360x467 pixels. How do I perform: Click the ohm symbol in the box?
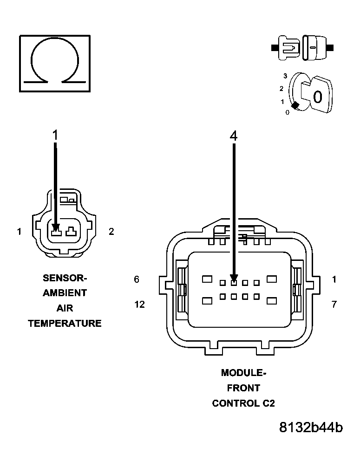point(54,63)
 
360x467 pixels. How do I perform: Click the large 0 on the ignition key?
point(317,97)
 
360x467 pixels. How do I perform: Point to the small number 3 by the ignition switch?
point(286,76)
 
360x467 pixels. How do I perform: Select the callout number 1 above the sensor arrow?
point(55,136)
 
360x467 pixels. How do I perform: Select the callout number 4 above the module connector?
point(234,136)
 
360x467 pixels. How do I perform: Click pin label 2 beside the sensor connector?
point(111,231)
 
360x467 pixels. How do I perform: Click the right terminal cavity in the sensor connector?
point(71,231)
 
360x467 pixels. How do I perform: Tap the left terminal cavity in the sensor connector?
point(56,231)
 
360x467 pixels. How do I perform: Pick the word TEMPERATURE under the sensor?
point(65,324)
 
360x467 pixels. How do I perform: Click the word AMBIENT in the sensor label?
point(65,293)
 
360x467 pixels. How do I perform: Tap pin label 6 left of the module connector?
point(136,279)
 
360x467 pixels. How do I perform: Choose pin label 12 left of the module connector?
point(139,305)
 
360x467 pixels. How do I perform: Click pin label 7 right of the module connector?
point(334,305)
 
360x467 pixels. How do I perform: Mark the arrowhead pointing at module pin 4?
point(234,280)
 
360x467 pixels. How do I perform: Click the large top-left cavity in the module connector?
point(207,279)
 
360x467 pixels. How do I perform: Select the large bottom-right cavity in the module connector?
point(272,300)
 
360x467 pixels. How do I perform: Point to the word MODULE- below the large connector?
point(243,373)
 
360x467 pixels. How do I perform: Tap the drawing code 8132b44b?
point(311,428)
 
